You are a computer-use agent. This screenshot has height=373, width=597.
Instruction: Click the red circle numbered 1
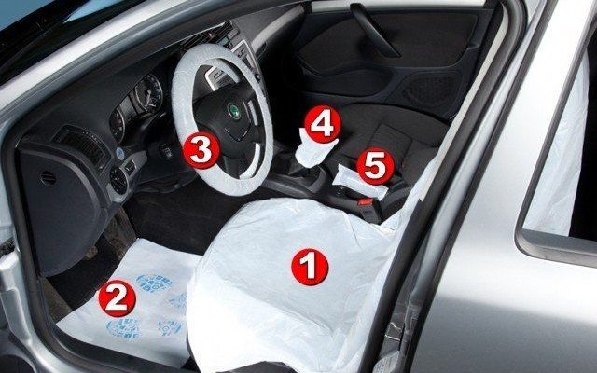310,268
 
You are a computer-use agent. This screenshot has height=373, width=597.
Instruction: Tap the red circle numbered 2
117,298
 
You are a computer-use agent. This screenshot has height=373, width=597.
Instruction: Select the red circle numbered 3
201,150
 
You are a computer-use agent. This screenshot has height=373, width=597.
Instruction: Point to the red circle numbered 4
323,124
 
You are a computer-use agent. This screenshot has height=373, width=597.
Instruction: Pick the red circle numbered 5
375,166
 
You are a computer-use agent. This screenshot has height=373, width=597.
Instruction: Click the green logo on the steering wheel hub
233,111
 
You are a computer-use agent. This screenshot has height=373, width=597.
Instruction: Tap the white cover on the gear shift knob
313,149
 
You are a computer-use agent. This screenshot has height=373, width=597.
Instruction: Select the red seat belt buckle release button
365,201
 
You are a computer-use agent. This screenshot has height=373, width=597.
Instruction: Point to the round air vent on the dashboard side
118,180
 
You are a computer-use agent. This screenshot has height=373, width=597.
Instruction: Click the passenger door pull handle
375,31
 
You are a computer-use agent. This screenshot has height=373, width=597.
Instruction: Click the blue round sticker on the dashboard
120,153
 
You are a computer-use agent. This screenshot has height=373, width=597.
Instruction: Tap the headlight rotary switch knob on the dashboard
118,180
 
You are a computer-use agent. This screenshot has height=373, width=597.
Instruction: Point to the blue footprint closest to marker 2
124,328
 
